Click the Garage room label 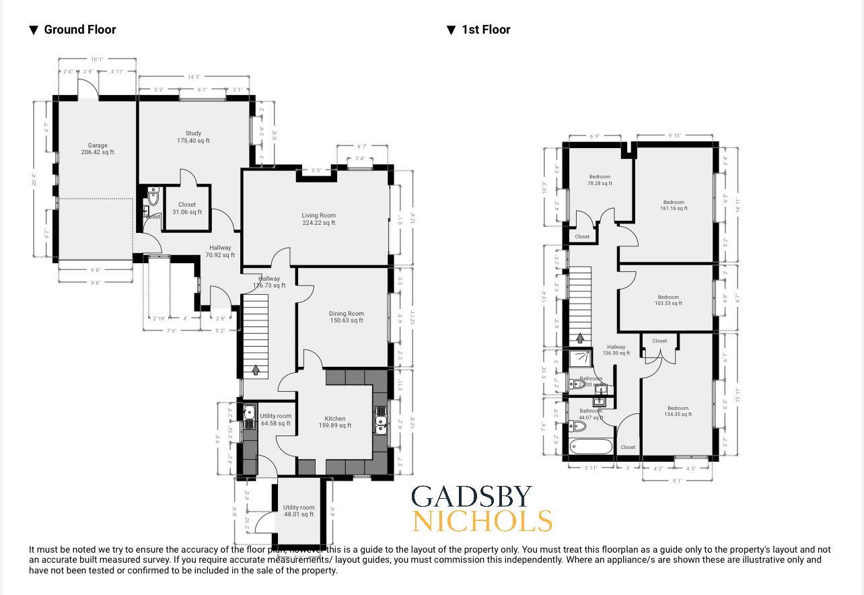[98, 149]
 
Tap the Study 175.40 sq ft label [193, 137]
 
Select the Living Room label [318, 219]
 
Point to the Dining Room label [347, 317]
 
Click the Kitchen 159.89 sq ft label [334, 422]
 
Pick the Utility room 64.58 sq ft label [276, 420]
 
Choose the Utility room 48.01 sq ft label [299, 511]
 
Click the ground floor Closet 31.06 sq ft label [187, 209]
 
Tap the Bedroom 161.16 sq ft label [674, 205]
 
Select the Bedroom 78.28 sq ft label [600, 180]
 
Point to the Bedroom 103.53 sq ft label [668, 300]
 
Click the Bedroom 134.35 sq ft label [678, 411]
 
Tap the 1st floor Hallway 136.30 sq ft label [616, 350]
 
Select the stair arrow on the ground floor [256, 370]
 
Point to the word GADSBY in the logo [472, 497]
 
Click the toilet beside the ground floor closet [153, 197]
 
